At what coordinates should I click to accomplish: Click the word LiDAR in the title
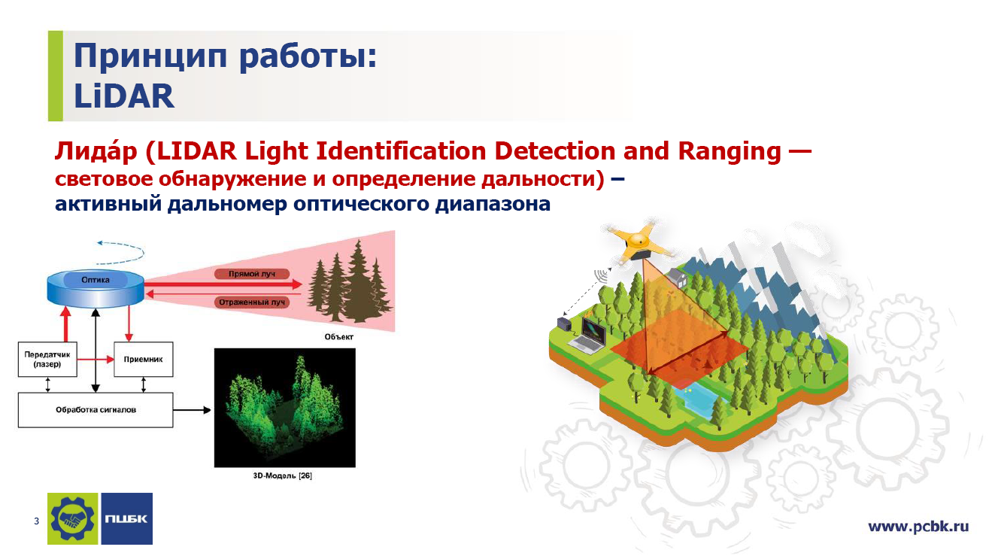click(x=124, y=96)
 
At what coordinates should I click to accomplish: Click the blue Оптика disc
click(x=96, y=288)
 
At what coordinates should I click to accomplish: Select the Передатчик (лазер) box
click(x=47, y=360)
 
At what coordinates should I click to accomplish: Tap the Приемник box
click(x=143, y=360)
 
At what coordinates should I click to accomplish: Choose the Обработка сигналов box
click(x=96, y=410)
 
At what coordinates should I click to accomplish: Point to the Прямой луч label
click(x=252, y=274)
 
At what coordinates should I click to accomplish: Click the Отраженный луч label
click(x=252, y=302)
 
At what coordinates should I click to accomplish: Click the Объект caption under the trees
click(x=339, y=337)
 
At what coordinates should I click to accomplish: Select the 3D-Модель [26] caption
click(x=283, y=476)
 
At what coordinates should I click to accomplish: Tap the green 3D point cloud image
click(x=285, y=408)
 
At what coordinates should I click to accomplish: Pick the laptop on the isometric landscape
click(x=589, y=336)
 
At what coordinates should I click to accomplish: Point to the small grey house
click(x=677, y=277)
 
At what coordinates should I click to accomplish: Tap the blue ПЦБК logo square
click(x=127, y=518)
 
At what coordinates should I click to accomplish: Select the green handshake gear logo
click(x=72, y=518)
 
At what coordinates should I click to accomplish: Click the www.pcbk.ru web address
click(x=918, y=527)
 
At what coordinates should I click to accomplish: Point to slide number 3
click(x=36, y=521)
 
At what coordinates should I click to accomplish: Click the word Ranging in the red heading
click(x=730, y=151)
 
